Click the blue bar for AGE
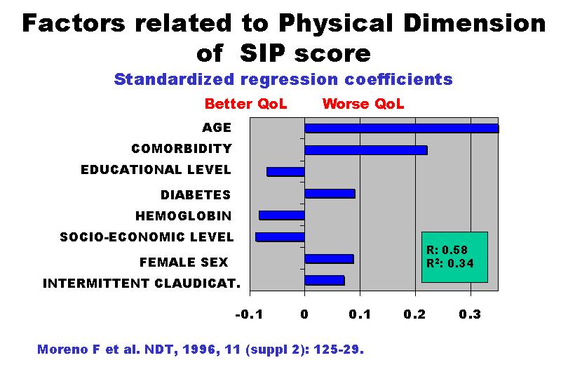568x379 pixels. pyautogui.click(x=402, y=128)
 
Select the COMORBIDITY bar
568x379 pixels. pyautogui.click(x=366, y=150)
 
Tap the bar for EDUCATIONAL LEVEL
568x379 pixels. pyautogui.click(x=285, y=172)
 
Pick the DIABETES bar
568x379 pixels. pyautogui.click(x=330, y=194)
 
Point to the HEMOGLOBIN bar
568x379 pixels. pyautogui.click(x=282, y=215)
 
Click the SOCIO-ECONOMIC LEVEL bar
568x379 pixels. pyautogui.click(x=280, y=237)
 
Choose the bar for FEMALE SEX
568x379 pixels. pyautogui.click(x=329, y=259)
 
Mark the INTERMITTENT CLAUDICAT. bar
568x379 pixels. pyautogui.click(x=325, y=280)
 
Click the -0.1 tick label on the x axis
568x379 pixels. pyautogui.click(x=249, y=314)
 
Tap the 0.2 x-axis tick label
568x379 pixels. pyautogui.click(x=414, y=314)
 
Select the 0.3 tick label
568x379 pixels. pyautogui.click(x=471, y=314)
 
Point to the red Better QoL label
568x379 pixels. pyautogui.click(x=245, y=104)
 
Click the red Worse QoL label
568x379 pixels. pyautogui.click(x=363, y=104)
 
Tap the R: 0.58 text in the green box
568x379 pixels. pyautogui.click(x=447, y=250)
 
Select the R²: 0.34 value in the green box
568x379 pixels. pyautogui.click(x=450, y=263)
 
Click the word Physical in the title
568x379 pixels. pyautogui.click(x=336, y=24)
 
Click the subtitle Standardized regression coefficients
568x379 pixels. pyautogui.click(x=283, y=79)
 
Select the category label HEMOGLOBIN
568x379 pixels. pyautogui.click(x=183, y=216)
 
